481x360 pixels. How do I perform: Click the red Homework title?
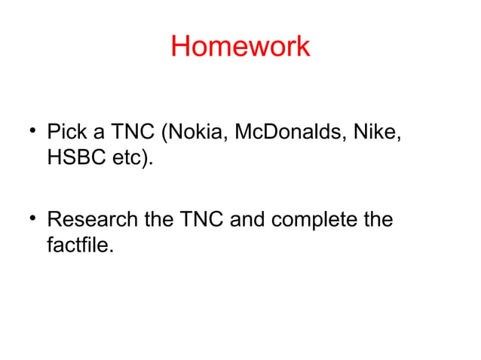(240, 47)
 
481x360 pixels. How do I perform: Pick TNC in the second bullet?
(201, 220)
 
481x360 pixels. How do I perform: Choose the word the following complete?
(376, 220)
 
